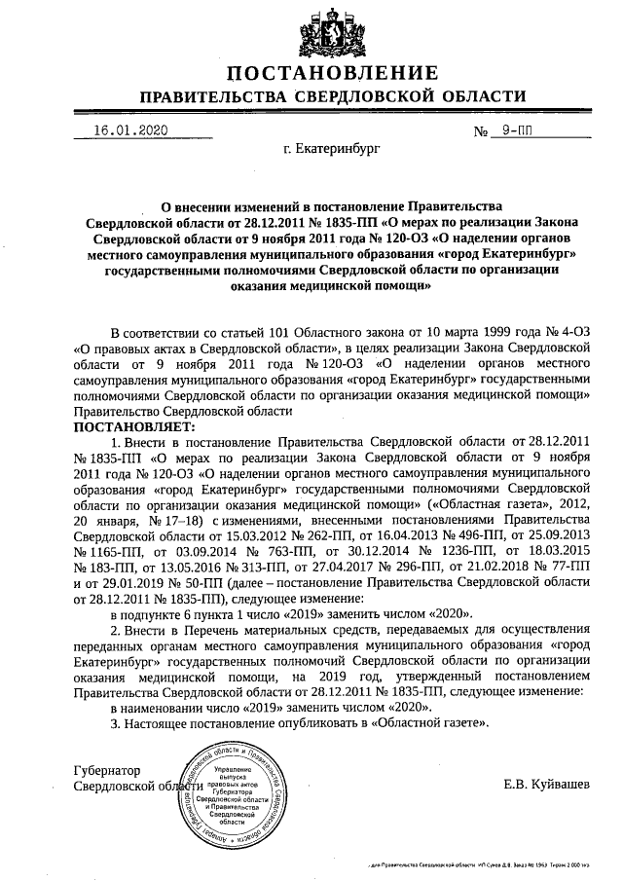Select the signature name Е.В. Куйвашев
[546, 783]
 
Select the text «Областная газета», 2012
[500, 505]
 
